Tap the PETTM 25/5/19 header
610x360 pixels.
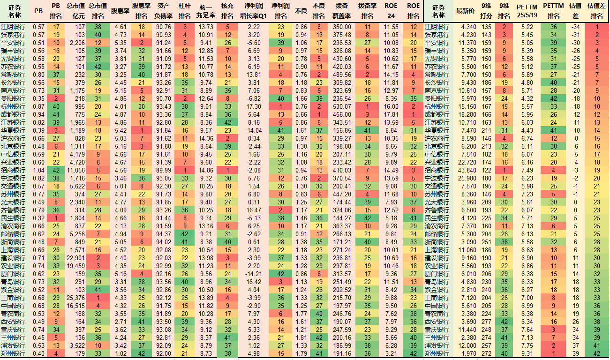(x=527, y=10)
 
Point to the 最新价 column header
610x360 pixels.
(x=465, y=10)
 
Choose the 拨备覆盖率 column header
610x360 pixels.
(x=342, y=10)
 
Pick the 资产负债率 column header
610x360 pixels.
(x=164, y=10)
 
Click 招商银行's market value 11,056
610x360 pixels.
(x=76, y=170)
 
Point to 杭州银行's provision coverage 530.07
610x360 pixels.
(x=342, y=106)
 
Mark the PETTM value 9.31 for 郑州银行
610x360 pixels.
(x=527, y=353)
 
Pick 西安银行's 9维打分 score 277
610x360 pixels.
(x=486, y=322)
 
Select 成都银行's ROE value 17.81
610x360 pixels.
(x=391, y=114)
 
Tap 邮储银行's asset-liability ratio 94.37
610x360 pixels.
(x=164, y=233)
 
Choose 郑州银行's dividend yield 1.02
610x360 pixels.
(x=120, y=353)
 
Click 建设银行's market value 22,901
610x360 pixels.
(x=76, y=257)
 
